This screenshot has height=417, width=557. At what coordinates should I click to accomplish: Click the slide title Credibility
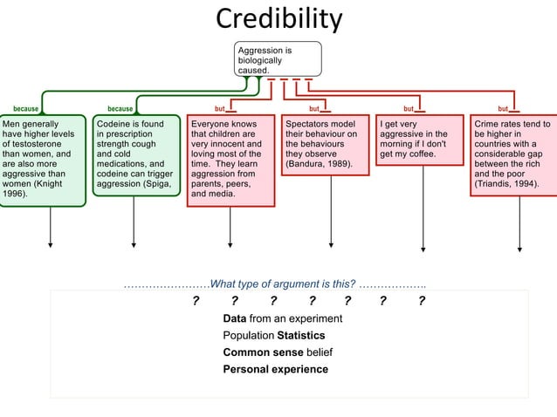tap(278, 18)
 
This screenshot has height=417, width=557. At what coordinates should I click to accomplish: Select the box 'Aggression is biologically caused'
tap(278, 60)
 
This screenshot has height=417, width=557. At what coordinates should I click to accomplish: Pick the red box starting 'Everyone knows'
tap(230, 161)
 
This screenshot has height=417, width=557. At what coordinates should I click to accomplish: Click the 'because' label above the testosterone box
tap(25, 109)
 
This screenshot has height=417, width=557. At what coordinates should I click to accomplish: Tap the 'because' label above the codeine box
tap(120, 109)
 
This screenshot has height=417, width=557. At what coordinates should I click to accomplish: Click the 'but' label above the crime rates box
tap(502, 109)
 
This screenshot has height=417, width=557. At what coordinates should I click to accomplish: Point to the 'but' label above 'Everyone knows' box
tap(220, 109)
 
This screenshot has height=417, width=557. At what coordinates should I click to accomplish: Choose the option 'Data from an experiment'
tap(282, 318)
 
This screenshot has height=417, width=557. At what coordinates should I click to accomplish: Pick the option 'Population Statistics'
tap(273, 335)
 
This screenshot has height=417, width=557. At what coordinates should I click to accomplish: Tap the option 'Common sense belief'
tap(278, 352)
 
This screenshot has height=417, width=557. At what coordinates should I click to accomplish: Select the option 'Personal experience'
tap(275, 369)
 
